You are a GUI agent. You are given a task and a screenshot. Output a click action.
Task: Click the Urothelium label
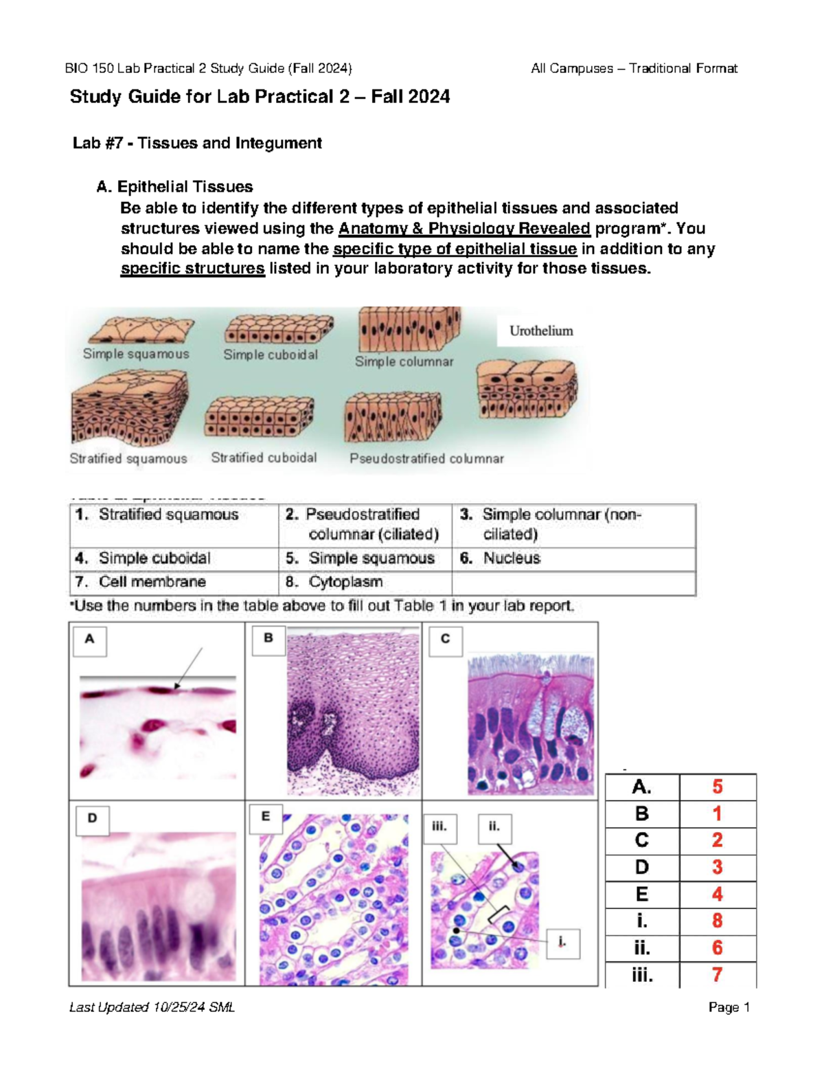pos(541,331)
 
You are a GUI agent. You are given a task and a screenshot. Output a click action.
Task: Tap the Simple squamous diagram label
pos(136,354)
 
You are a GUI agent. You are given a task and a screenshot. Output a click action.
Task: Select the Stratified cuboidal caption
pos(264,458)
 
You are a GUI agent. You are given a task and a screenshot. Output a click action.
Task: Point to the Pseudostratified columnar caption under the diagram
pos(426,458)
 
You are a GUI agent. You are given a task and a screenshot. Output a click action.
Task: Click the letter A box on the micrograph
pos(89,640)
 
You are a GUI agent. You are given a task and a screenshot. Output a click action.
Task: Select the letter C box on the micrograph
pos(445,640)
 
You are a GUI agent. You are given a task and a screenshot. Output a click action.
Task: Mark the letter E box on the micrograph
pos(266,818)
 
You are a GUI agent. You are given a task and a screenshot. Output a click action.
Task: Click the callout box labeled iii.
pos(439,827)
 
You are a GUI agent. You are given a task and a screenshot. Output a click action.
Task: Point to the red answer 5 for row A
pos(717,787)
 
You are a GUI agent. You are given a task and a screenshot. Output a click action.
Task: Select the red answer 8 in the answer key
pos(717,921)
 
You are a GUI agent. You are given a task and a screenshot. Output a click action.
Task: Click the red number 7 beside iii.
pos(717,974)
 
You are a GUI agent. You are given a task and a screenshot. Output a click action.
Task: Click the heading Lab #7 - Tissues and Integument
pos(197,143)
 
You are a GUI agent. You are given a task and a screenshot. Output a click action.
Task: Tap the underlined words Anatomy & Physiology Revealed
pos(464,228)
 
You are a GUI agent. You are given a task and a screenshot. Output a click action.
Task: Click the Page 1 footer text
pos(729,1007)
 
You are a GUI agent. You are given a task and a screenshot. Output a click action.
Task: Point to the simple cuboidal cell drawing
pos(279,329)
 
